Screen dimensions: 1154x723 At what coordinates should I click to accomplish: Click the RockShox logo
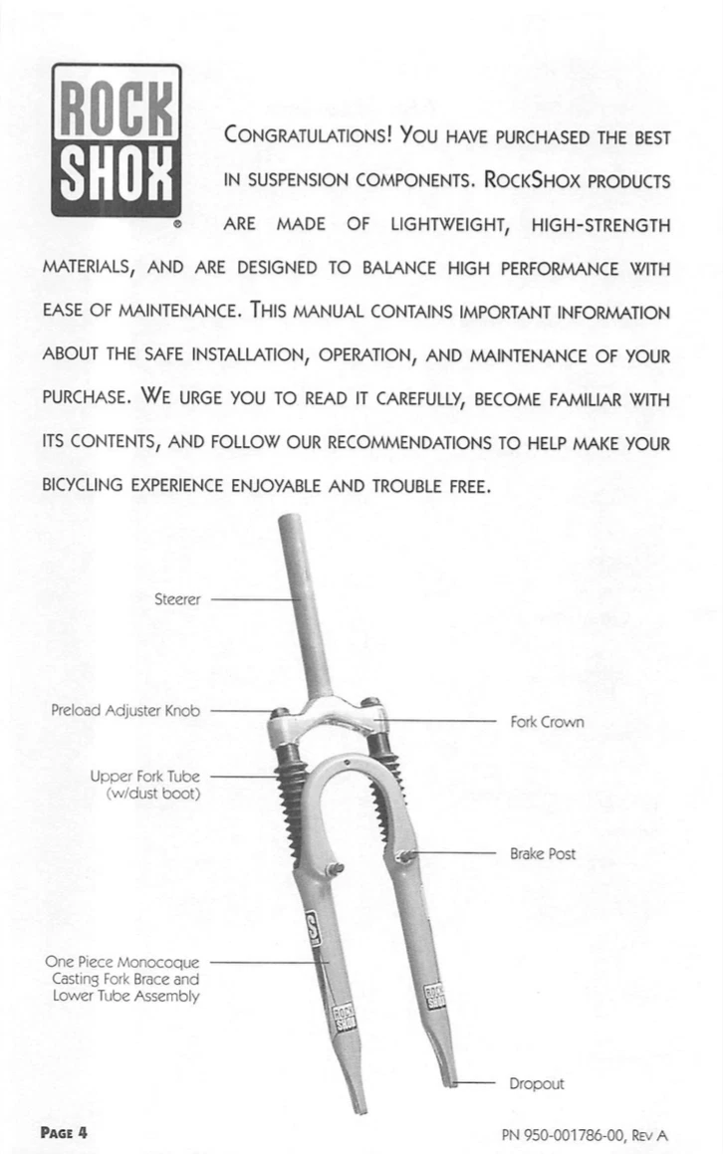117,141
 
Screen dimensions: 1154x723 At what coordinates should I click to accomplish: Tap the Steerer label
178,599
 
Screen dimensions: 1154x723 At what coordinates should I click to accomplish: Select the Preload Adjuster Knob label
125,711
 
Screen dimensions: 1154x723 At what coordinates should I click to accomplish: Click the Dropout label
537,1083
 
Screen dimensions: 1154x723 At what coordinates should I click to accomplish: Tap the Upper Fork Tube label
145,777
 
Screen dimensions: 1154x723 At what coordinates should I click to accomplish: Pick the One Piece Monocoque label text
123,963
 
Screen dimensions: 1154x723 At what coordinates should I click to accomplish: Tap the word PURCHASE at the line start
86,400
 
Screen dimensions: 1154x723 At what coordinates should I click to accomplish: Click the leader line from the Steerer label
254,599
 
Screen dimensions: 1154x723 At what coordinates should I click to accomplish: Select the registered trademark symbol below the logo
176,226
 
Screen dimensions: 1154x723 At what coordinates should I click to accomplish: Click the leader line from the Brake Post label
453,853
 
